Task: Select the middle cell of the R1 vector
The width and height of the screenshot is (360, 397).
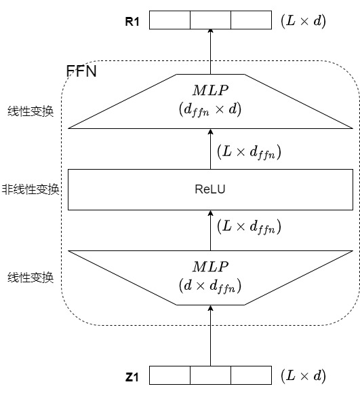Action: [x=210, y=20]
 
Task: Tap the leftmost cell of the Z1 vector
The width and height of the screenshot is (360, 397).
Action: [x=169, y=376]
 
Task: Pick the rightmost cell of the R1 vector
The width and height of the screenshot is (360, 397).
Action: [x=251, y=20]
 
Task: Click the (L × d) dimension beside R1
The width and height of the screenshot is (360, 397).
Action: [x=303, y=21]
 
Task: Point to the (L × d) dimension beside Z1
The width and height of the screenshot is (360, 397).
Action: [x=303, y=376]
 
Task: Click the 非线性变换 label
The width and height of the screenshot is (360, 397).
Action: [x=31, y=189]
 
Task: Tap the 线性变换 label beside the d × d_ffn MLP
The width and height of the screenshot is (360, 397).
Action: [x=31, y=277]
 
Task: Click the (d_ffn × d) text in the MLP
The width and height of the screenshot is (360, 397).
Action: [x=210, y=109]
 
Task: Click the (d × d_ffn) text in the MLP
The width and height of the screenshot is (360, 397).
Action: [x=210, y=286]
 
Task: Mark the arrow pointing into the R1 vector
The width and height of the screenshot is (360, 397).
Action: [x=210, y=52]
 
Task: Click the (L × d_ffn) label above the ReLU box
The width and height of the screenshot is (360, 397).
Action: [x=249, y=153]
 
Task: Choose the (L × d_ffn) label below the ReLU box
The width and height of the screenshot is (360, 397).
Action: [x=249, y=227]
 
